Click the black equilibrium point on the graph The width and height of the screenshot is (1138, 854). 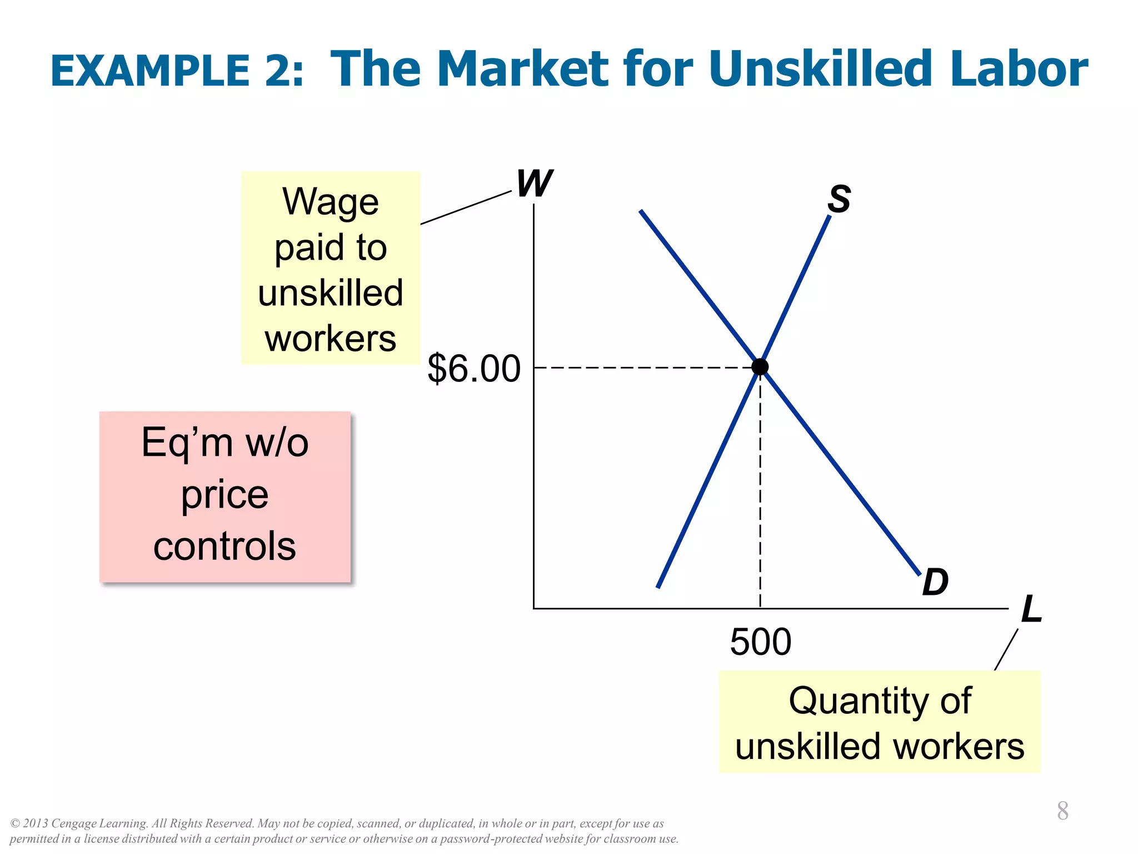tap(760, 367)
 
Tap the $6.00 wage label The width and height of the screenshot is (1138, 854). tap(474, 369)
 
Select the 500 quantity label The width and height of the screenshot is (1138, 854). tap(760, 642)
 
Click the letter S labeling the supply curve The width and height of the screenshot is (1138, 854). tap(838, 199)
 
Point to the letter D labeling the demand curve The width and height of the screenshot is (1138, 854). tap(935, 583)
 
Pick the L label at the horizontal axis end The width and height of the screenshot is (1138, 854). tap(1031, 609)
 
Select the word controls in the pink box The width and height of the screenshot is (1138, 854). tap(224, 546)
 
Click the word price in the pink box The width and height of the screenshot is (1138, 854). tap(224, 495)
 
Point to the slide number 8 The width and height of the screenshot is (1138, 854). tap(1062, 811)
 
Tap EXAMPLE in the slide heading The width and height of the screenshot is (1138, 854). tap(150, 71)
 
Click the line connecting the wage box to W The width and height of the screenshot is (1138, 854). tap(466, 208)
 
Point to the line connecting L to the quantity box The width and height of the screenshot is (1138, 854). tap(1006, 649)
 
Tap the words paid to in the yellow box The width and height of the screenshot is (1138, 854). tap(331, 247)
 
